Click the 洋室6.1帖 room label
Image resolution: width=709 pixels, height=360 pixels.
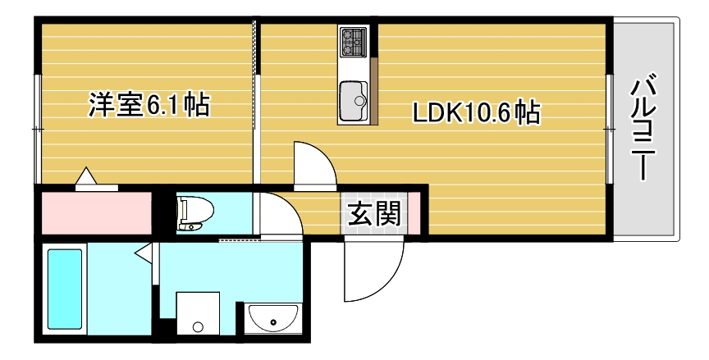149,106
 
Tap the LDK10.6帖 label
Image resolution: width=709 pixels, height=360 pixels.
476,112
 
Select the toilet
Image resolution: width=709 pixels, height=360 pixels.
194,213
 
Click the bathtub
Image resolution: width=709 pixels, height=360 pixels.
66,289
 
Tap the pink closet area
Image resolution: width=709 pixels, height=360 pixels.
94,212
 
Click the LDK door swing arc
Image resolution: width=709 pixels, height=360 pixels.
314,165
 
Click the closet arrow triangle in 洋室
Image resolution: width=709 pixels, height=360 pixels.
86,177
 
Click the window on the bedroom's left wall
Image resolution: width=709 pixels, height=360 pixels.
36,129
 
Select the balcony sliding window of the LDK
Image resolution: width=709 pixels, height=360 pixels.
609,129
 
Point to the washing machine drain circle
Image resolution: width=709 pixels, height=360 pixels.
198,326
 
